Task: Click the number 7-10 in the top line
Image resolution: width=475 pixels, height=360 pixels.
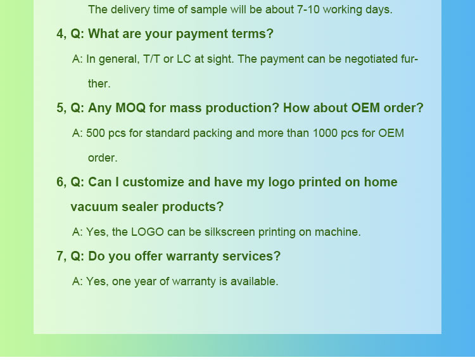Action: (x=308, y=10)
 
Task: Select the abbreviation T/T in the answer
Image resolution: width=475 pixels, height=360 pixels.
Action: (x=151, y=59)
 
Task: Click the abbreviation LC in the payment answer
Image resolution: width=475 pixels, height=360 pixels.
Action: (x=184, y=59)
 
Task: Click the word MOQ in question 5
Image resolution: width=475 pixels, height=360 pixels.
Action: (x=130, y=108)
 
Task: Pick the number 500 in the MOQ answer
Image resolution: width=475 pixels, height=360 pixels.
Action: (x=96, y=133)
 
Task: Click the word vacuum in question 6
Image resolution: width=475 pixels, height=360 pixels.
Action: (x=94, y=207)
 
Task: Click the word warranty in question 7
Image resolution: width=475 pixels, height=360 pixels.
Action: (x=193, y=257)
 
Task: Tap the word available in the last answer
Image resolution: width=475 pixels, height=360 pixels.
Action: (x=254, y=281)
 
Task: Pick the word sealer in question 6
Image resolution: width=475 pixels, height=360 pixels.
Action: (x=140, y=207)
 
